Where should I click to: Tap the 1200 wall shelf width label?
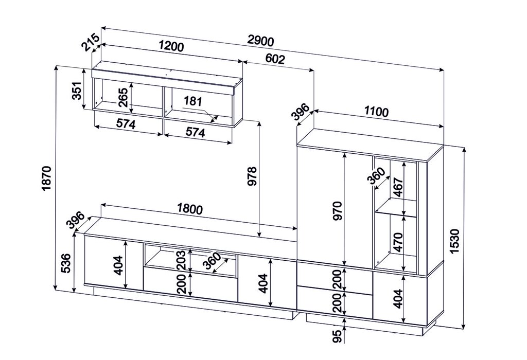tap(171, 46)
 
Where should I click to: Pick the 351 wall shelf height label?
tap(77, 91)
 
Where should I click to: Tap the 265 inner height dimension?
tap(123, 97)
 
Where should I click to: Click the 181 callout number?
tap(193, 101)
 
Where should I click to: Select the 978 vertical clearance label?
tap(252, 176)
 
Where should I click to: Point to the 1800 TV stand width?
tap(190, 209)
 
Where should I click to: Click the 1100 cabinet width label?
tap(376, 112)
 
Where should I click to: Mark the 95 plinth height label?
tap(338, 336)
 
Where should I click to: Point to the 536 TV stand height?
tap(66, 263)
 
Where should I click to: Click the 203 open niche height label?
tap(182, 260)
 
